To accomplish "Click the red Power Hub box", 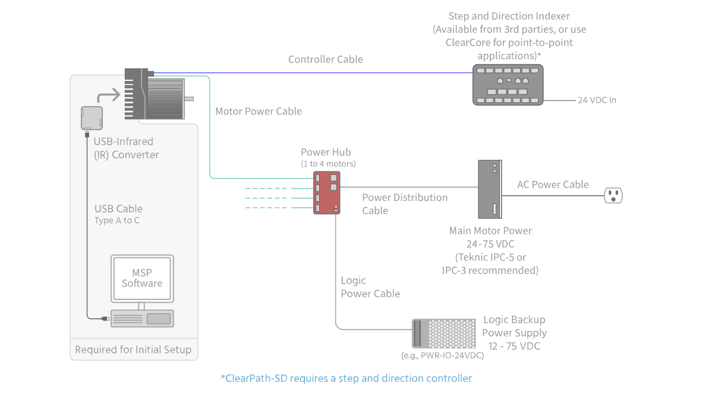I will pyautogui.click(x=327, y=193).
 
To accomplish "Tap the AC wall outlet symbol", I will pyautogui.click(x=613, y=195).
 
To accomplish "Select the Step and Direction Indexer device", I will pyautogui.click(x=508, y=85).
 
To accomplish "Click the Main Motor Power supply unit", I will pyautogui.click(x=490, y=189).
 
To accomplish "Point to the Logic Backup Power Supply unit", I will pyautogui.click(x=444, y=333).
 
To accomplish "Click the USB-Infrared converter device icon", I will pyautogui.click(x=92, y=117).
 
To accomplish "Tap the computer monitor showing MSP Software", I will pyautogui.click(x=142, y=278).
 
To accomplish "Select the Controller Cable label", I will pyautogui.click(x=325, y=59).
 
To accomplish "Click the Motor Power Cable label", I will pyautogui.click(x=259, y=111).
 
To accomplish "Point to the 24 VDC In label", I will pyautogui.click(x=597, y=100).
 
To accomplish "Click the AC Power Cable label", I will pyautogui.click(x=553, y=184).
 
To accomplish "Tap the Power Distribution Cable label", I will pyautogui.click(x=404, y=204).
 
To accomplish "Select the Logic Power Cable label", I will pyautogui.click(x=370, y=287).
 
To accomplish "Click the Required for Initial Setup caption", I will pyautogui.click(x=133, y=349).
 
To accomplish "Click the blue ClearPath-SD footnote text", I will pyautogui.click(x=346, y=378).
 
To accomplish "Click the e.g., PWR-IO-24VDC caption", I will pyautogui.click(x=443, y=356).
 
